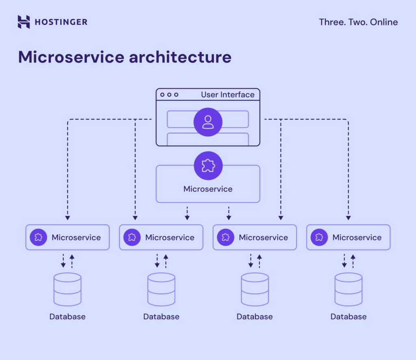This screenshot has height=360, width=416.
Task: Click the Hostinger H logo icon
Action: point(24,22)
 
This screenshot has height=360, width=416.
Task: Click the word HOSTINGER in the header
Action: point(61,22)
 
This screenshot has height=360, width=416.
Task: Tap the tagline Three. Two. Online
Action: point(358,22)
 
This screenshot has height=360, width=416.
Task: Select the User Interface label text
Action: point(227,95)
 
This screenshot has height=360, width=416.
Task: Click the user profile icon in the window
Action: point(208,122)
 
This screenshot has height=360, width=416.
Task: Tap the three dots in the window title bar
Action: point(169,95)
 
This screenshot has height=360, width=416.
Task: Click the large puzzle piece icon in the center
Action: point(208,166)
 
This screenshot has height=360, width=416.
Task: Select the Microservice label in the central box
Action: point(208,189)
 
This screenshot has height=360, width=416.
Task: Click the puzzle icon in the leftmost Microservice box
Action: point(38,237)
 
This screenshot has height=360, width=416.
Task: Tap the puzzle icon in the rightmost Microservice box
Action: point(319,237)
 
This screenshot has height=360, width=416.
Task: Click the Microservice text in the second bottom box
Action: point(170,237)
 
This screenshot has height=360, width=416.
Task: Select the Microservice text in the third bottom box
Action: point(263,237)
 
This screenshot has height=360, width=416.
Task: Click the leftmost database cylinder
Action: point(67,289)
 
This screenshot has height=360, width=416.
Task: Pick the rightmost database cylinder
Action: point(349,289)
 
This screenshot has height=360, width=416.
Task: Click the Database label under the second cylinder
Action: point(161,317)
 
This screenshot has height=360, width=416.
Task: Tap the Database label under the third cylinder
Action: point(255,317)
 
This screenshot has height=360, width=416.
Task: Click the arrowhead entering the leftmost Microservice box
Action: point(67,218)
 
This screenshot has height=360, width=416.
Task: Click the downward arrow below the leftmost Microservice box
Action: point(63,263)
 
